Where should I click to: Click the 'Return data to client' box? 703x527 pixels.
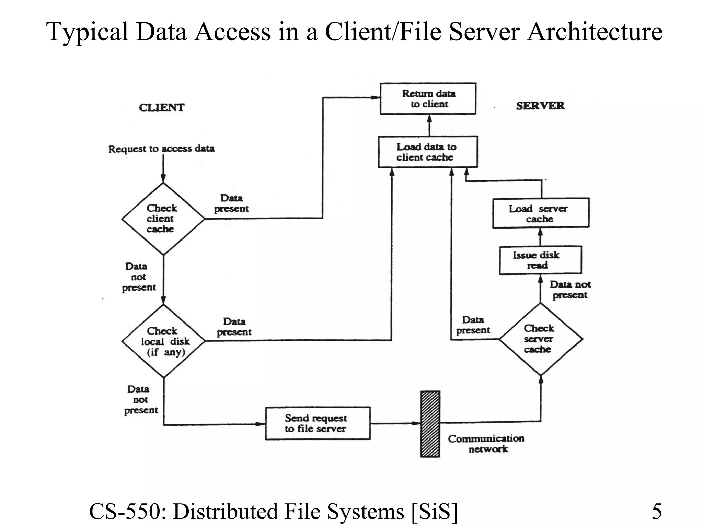(428, 99)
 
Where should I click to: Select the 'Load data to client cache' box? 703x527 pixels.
(427, 152)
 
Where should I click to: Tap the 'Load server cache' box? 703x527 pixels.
(541, 213)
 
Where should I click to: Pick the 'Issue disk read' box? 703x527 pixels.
(540, 260)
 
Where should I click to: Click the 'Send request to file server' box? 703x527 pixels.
(318, 423)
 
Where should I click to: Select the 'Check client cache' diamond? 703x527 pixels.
(163, 219)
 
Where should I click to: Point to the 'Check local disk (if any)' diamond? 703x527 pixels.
(163, 341)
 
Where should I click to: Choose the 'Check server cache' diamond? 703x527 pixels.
(541, 339)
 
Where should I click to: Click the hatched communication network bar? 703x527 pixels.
(430, 424)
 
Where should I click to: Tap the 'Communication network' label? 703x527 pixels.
(486, 444)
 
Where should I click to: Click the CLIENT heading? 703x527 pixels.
(161, 108)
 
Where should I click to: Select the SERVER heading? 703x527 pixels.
(540, 106)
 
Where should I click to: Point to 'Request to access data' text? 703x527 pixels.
(161, 149)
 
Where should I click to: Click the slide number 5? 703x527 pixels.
(656, 512)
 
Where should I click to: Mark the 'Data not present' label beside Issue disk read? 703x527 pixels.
(569, 290)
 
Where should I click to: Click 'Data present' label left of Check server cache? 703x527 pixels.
(473, 325)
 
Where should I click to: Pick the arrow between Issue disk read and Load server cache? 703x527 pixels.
(540, 237)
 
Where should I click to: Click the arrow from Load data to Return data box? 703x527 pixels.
(429, 125)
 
